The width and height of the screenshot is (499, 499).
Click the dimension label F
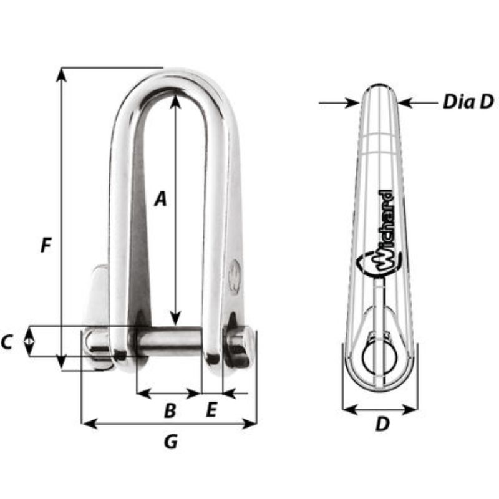pos(45,246)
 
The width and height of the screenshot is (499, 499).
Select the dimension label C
pos(8,342)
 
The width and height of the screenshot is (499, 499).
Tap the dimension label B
pos(169,411)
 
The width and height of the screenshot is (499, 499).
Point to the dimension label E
pos(211,410)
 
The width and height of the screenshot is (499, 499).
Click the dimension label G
pos(170,442)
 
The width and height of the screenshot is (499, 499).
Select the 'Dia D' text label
pos(468,101)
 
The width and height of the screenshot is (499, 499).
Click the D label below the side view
pos(382,425)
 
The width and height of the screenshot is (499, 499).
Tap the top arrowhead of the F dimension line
pos(61,74)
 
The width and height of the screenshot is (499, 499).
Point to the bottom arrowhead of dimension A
pos(176,319)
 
